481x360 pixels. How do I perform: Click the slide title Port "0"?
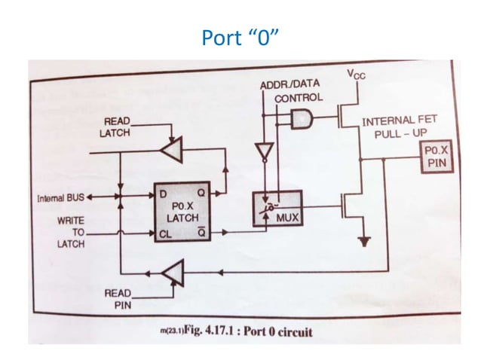click(240, 37)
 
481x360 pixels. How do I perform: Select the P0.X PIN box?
click(436, 155)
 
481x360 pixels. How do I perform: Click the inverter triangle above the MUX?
click(262, 153)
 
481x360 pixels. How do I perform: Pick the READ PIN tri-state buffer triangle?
click(173, 273)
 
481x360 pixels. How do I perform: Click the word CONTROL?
click(298, 98)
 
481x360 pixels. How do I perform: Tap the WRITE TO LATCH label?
click(69, 233)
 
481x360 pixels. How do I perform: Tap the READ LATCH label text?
click(115, 127)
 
